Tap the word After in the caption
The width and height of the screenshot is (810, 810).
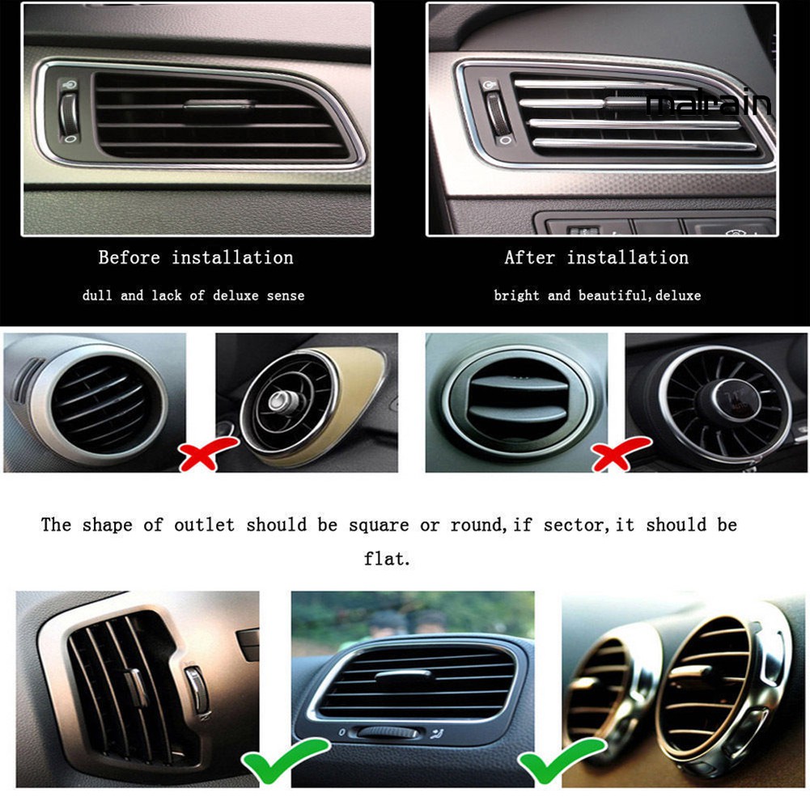point(530,258)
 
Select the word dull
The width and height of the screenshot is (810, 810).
point(97,296)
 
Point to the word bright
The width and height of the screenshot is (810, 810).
point(516,296)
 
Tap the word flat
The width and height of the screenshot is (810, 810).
point(387,559)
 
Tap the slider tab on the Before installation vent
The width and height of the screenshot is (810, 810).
point(218,104)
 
